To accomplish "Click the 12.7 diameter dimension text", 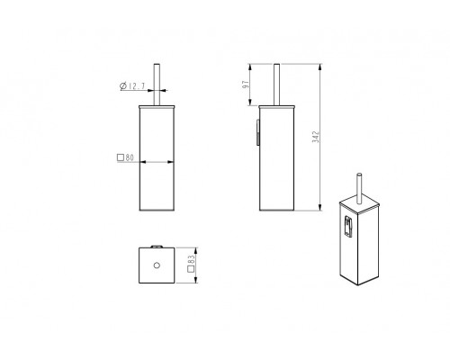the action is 137,86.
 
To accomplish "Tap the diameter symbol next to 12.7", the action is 123,86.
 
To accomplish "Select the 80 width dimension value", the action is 130,157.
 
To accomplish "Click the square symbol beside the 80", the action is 121,157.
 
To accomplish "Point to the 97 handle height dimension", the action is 246,85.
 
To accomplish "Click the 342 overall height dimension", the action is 316,137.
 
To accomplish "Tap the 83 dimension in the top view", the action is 191,259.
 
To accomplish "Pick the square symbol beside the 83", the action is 191,269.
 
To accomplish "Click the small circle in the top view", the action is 157,265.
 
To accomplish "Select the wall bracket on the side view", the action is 257,132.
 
